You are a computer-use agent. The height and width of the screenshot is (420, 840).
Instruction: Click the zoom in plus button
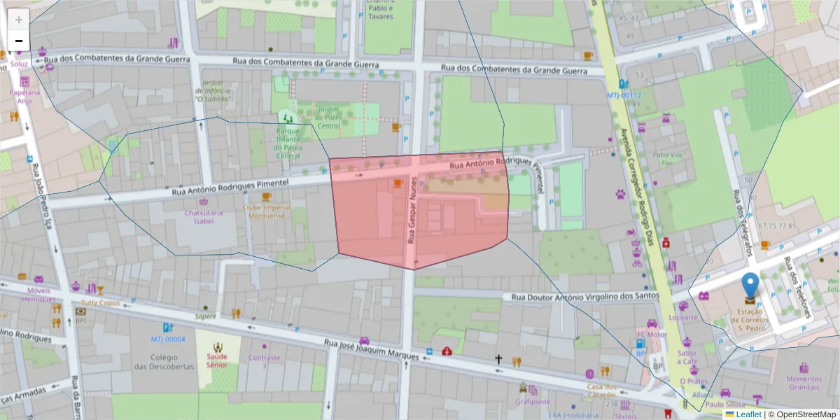[19, 19]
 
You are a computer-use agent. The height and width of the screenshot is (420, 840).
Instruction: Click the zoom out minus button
[19, 41]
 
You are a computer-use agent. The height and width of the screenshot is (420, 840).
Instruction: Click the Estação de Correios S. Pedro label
[750, 320]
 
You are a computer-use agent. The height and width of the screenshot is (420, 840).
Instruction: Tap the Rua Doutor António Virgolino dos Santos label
[585, 296]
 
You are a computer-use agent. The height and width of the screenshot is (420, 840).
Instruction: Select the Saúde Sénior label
[217, 360]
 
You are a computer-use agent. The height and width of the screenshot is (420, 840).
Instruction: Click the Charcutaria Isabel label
[199, 216]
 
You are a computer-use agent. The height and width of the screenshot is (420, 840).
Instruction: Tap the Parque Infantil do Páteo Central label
[287, 143]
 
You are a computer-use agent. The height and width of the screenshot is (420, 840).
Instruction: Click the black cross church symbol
[498, 359]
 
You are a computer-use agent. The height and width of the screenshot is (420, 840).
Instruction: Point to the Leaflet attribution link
[748, 414]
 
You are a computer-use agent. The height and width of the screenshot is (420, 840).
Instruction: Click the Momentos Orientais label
[804, 383]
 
